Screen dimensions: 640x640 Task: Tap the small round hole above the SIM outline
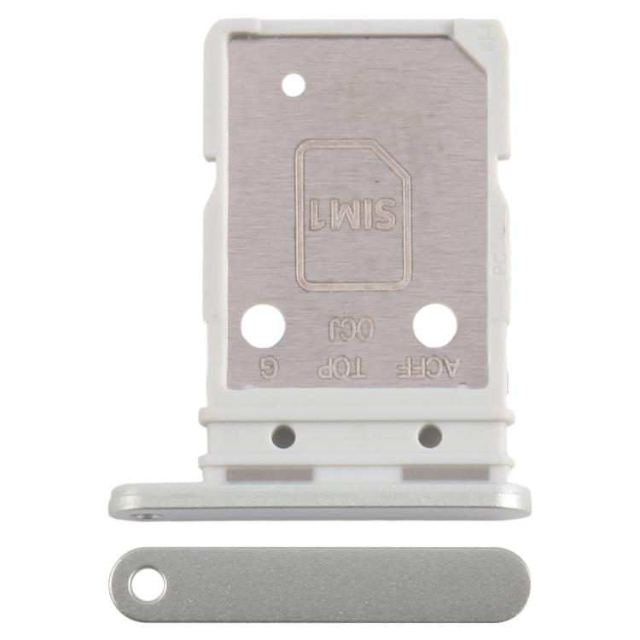pyautogui.click(x=293, y=84)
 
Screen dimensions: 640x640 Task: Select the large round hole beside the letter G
pyautogui.click(x=262, y=326)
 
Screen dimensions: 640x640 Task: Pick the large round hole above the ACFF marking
pyautogui.click(x=435, y=326)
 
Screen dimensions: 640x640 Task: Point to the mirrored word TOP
pyautogui.click(x=340, y=369)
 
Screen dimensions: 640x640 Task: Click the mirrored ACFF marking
pyautogui.click(x=429, y=369)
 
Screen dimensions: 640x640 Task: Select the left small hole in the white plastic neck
pyautogui.click(x=283, y=437)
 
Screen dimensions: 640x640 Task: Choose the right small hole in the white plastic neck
pyautogui.click(x=429, y=437)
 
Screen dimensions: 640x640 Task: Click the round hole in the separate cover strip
pyautogui.click(x=147, y=585)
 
